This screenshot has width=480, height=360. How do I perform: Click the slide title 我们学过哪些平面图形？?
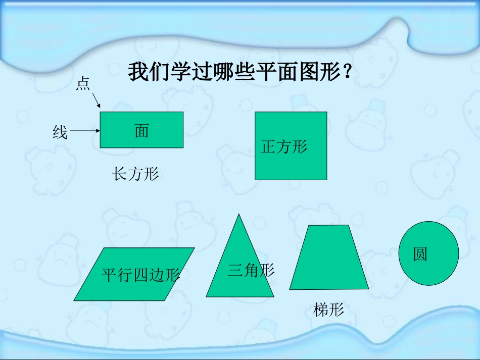[241, 72]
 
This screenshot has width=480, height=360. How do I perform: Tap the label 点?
[83, 84]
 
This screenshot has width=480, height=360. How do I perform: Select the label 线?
[60, 132]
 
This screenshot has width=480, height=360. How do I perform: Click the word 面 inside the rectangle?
[141, 131]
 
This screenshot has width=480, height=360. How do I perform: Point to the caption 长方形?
[135, 175]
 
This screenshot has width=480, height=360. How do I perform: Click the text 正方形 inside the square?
[284, 147]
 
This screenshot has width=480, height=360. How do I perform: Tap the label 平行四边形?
[140, 275]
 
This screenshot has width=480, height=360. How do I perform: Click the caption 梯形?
[328, 310]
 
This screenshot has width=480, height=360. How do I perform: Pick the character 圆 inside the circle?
[420, 254]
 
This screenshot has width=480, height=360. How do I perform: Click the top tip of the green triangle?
[239, 215]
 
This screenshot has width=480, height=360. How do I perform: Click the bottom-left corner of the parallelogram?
[75, 300]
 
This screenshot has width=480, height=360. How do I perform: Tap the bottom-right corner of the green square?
[326, 179]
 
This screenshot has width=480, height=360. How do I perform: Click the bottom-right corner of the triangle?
[273, 296]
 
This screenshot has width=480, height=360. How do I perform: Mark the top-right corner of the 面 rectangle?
[183, 112]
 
